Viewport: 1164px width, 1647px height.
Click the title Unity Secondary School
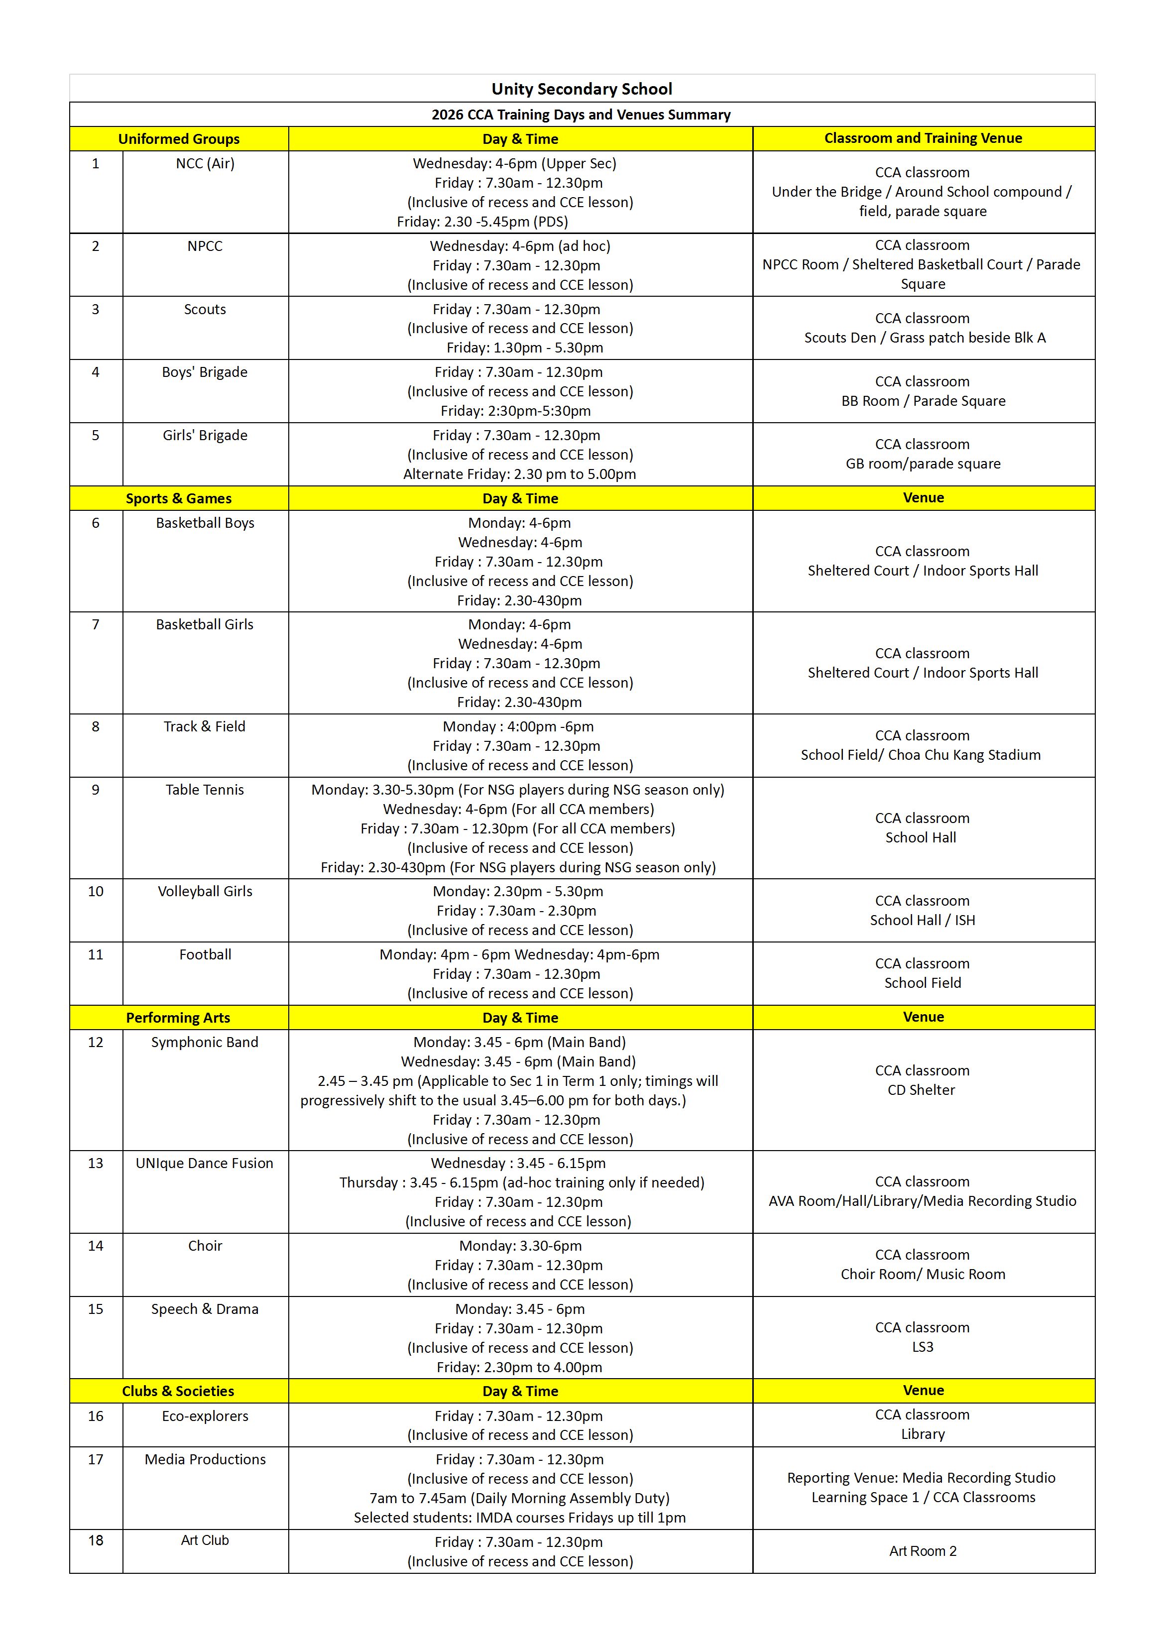pos(582,89)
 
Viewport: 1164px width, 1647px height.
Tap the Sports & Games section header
pos(179,498)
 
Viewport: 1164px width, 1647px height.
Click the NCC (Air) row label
pos(205,163)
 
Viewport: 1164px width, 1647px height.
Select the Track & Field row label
pos(205,726)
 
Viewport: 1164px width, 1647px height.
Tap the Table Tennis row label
pos(205,790)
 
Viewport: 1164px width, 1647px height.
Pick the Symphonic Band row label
pos(205,1042)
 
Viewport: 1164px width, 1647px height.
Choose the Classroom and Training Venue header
pos(923,138)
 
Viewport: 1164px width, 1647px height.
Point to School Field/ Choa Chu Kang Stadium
pos(921,755)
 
